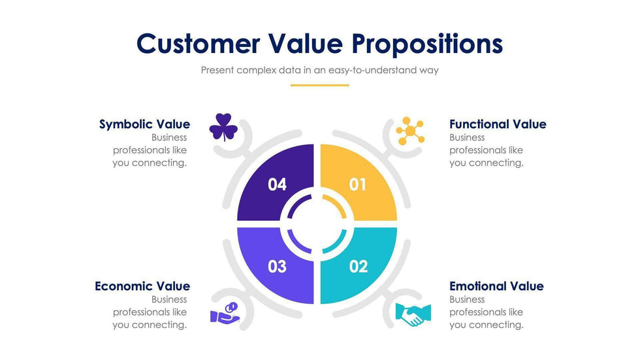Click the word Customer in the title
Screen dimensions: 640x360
click(198, 43)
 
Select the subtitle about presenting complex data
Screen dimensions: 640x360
click(319, 70)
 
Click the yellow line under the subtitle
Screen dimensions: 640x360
click(319, 86)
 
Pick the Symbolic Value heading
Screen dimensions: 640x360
click(144, 124)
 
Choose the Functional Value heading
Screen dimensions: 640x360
click(498, 124)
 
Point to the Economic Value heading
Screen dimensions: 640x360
click(142, 286)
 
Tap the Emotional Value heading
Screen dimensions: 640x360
click(497, 286)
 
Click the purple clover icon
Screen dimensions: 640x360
click(223, 127)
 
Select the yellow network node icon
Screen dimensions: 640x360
click(410, 131)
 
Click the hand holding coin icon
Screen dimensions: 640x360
click(225, 313)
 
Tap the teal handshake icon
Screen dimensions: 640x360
click(413, 315)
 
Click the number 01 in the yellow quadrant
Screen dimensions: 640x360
click(358, 185)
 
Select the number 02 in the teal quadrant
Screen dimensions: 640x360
click(359, 267)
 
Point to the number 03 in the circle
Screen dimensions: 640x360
click(277, 267)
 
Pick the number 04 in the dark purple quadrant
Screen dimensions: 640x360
click(277, 185)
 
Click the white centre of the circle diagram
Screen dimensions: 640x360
click(317, 223)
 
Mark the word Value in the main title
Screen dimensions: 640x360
click(306, 43)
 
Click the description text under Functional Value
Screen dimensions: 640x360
click(487, 150)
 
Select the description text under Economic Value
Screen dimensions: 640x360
click(150, 312)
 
